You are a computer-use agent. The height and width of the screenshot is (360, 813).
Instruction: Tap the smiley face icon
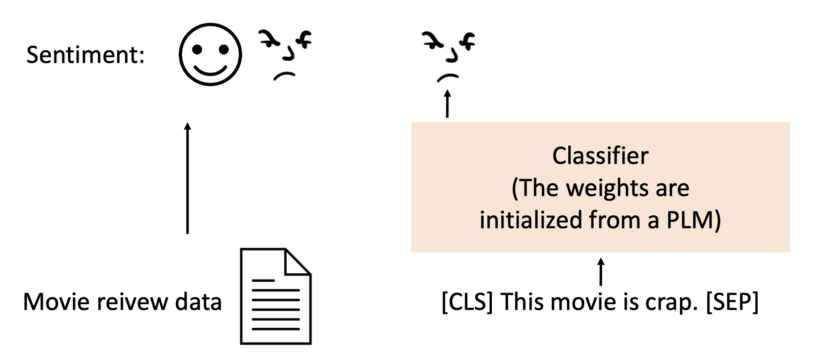tap(210, 54)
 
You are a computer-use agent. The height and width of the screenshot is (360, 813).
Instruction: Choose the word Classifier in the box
tap(600, 156)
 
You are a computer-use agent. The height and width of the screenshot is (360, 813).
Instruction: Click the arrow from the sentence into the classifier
tap(601, 272)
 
